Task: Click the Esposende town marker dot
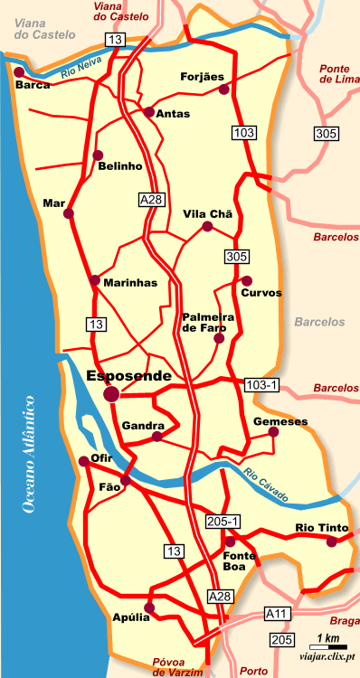(111, 394)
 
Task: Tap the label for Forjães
(202, 77)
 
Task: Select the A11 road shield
(278, 614)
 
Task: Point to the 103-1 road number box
(262, 386)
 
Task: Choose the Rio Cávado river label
(267, 485)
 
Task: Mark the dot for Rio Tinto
(332, 541)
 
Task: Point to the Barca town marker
(17, 71)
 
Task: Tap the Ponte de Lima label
(334, 73)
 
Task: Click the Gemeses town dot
(274, 432)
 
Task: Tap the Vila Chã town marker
(207, 227)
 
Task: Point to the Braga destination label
(345, 622)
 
